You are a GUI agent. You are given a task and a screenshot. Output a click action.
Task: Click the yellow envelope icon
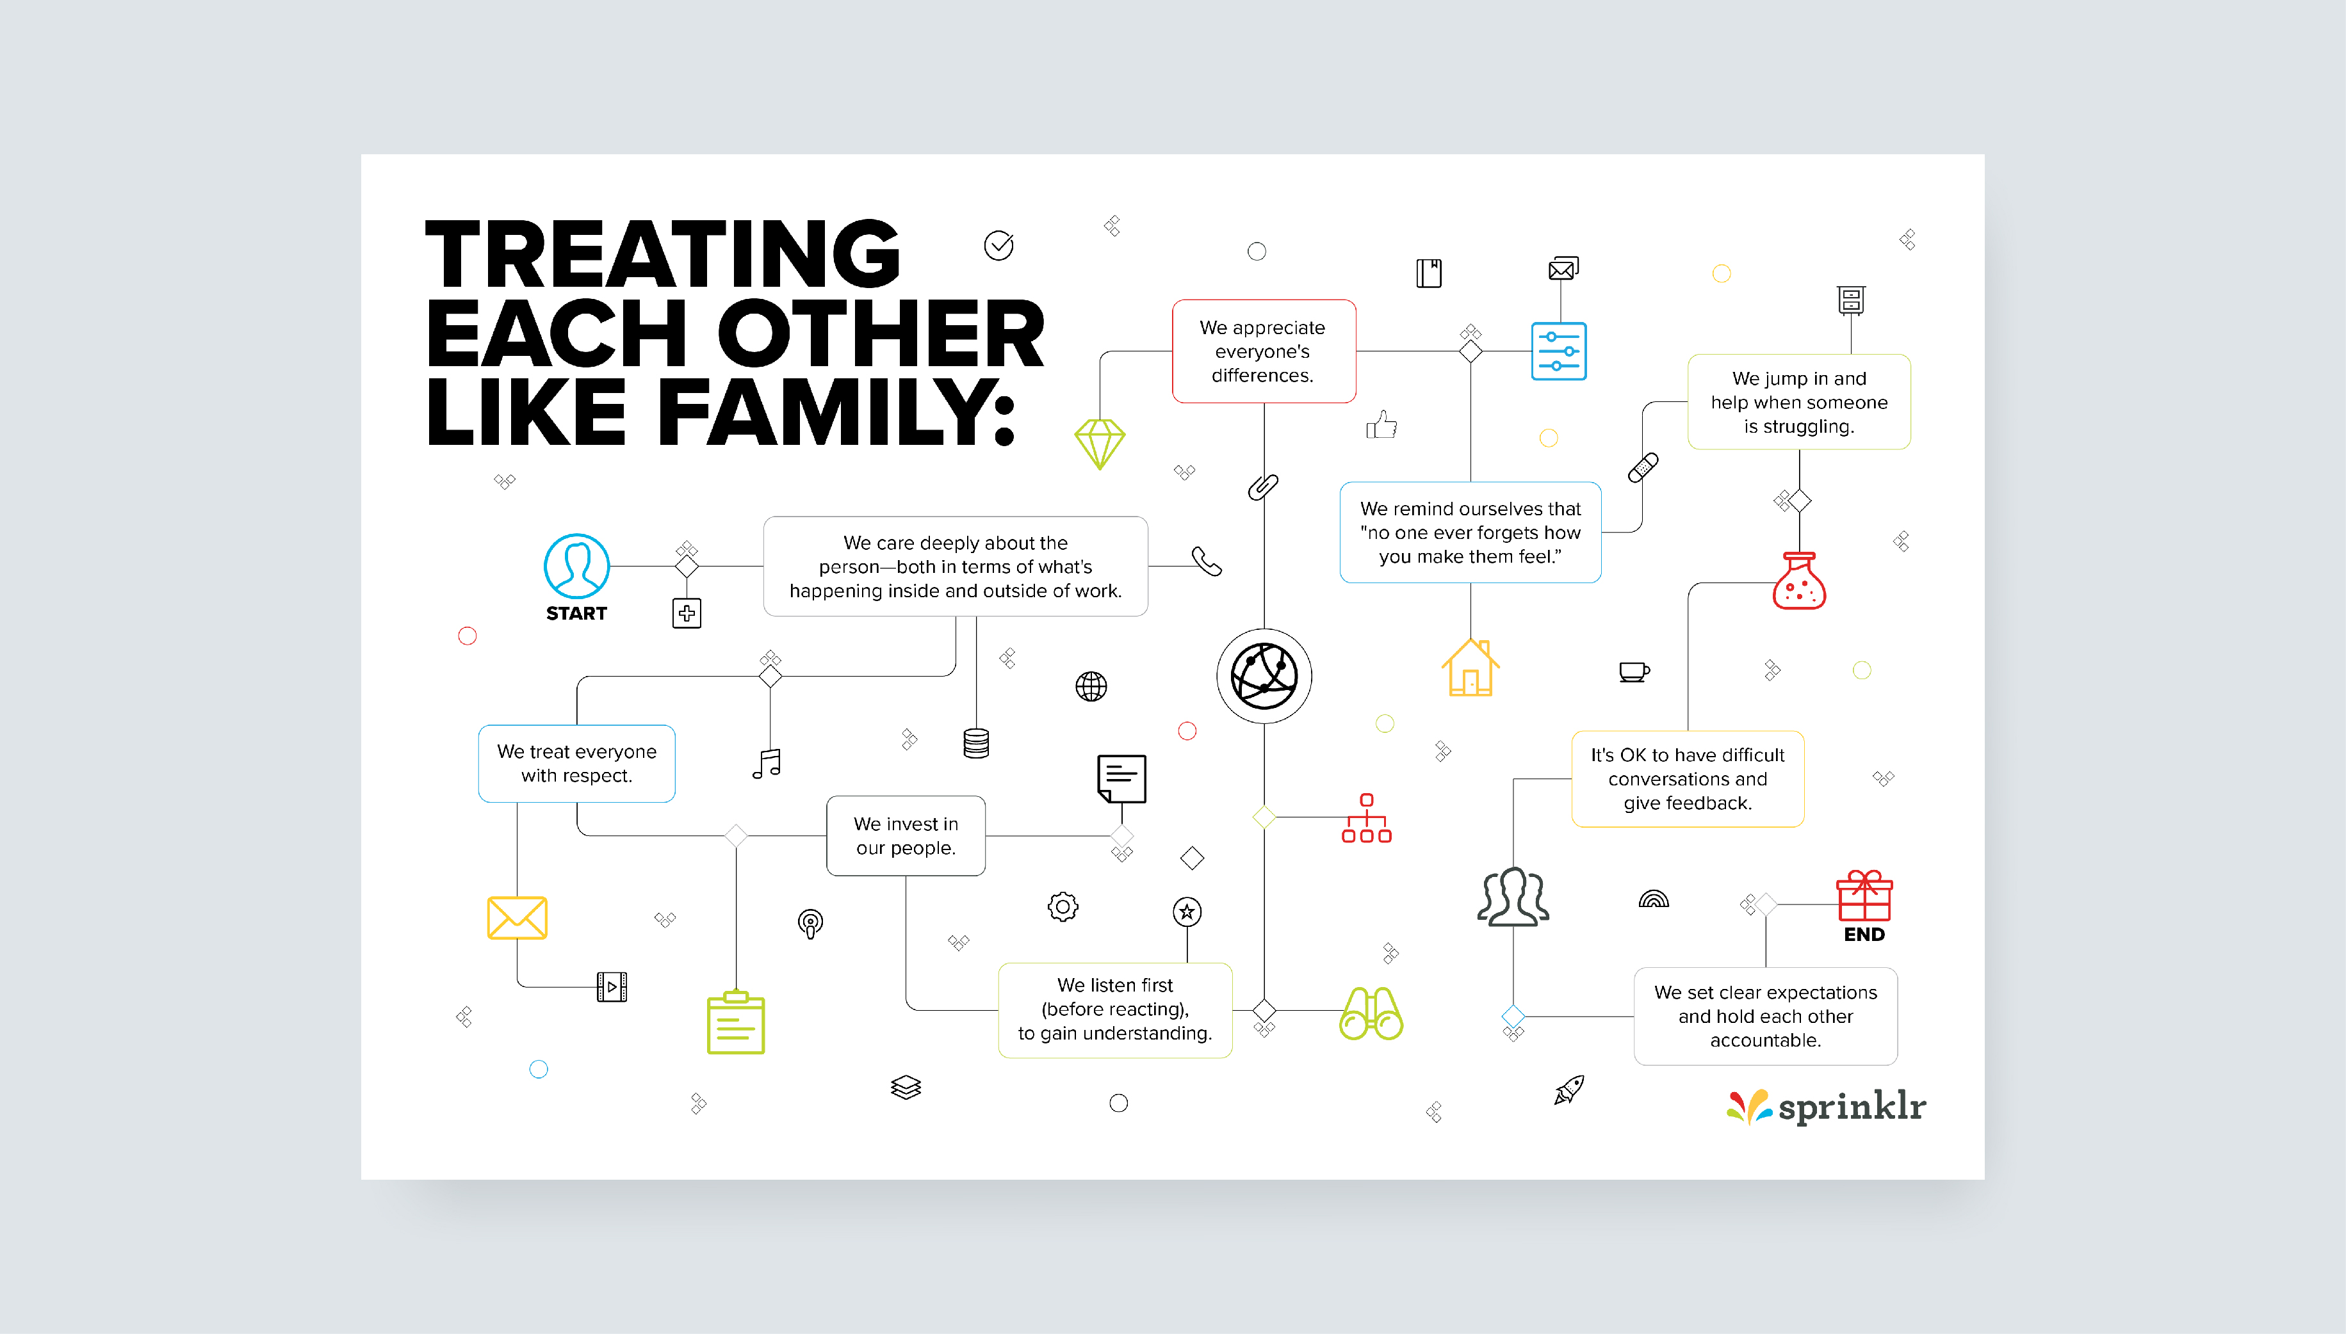click(x=517, y=917)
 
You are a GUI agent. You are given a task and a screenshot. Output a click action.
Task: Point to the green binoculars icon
click(x=1371, y=1013)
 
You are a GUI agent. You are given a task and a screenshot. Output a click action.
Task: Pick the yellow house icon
click(x=1470, y=668)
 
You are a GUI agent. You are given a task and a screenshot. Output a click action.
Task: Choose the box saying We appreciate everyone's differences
click(x=1263, y=351)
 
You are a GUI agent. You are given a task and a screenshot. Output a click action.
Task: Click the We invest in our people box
click(x=906, y=835)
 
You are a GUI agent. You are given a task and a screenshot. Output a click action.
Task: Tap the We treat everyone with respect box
click(x=576, y=763)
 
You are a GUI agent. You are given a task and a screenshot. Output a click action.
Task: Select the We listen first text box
click(x=1114, y=1009)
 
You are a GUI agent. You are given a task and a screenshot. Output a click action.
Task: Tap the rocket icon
click(x=1569, y=1089)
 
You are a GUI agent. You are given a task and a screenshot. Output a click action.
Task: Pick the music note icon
click(x=767, y=763)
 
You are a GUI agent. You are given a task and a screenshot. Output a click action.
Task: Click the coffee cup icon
click(x=1633, y=671)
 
